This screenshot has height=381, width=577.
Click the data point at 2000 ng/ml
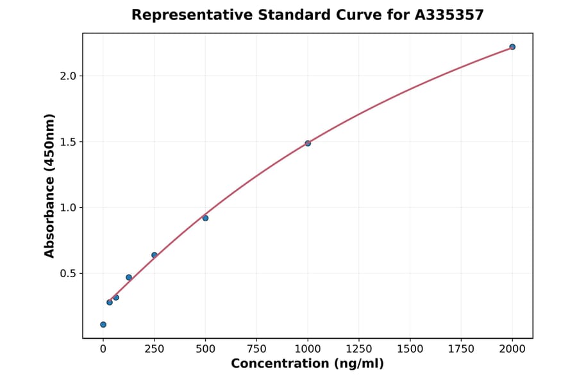pos(512,47)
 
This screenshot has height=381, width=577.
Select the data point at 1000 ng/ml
pos(308,143)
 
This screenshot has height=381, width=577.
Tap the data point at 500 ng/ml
pos(205,218)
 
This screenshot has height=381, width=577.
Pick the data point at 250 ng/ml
pos(155,255)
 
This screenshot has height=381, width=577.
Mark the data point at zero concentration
pos(103,325)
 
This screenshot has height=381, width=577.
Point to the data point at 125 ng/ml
pos(129,277)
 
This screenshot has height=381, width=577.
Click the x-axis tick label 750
pos(256,349)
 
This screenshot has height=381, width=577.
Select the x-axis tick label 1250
pos(359,349)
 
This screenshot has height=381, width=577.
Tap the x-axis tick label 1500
pos(410,349)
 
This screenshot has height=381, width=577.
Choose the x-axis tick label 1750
pos(461,349)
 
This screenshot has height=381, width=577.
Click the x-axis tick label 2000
pos(512,349)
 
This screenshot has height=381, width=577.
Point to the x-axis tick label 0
pos(103,349)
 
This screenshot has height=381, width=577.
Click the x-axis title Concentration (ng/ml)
pos(307,364)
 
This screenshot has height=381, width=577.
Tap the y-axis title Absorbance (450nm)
pos(50,185)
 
